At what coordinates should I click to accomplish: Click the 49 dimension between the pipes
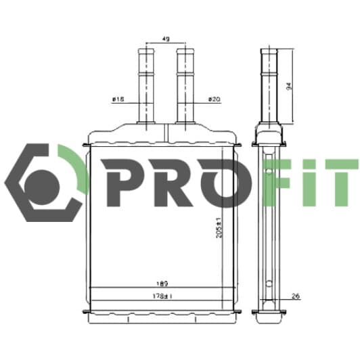166,39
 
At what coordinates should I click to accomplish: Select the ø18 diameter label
119,99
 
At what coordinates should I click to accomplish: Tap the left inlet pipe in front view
148,85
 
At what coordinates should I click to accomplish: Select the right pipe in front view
184,85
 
